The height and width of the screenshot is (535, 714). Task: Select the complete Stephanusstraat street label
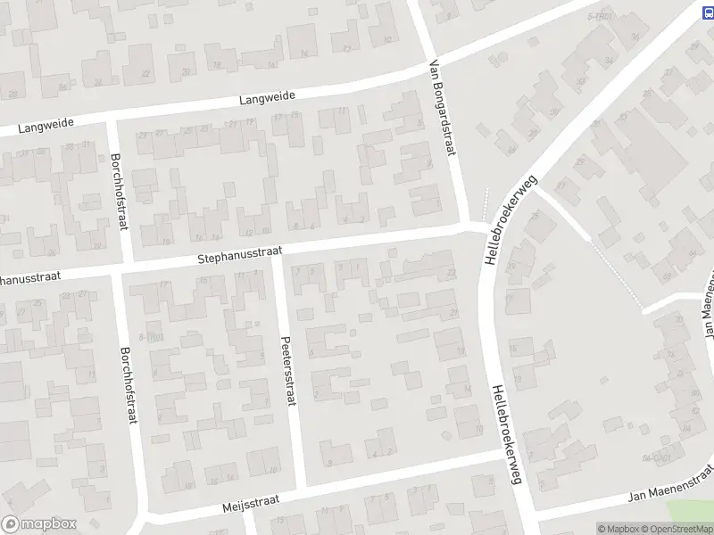coord(234,256)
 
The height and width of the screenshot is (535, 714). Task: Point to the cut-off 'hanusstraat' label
coord(30,278)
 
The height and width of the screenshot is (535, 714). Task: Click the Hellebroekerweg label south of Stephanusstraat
coord(504,434)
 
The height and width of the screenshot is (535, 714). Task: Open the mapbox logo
coord(39,523)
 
